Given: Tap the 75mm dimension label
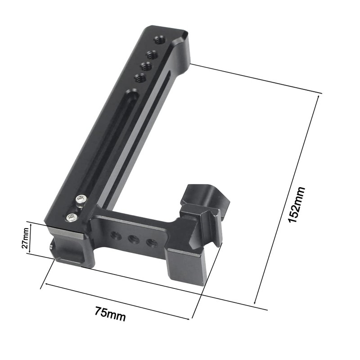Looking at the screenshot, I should (110, 313).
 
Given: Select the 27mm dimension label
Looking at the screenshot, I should (26, 238).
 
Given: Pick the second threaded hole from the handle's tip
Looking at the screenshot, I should (152, 55).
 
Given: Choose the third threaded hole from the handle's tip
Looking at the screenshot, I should (145, 66).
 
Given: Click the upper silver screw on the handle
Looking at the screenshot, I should (81, 199).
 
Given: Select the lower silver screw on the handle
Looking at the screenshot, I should (71, 218).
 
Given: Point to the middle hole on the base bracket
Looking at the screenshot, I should (134, 239).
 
